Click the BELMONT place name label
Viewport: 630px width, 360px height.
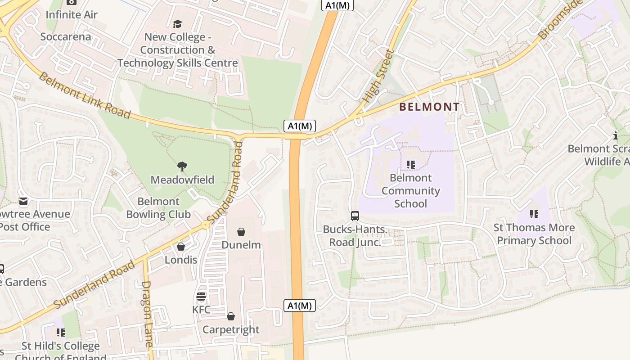tap(430, 107)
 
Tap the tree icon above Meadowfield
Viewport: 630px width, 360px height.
tap(182, 166)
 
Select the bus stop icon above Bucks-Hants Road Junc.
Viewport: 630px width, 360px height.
tap(355, 216)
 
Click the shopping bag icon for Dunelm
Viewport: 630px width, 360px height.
tap(241, 232)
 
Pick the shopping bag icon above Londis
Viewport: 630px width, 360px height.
tap(181, 247)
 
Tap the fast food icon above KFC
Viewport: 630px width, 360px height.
tap(201, 297)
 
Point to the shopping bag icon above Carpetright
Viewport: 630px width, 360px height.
tap(231, 316)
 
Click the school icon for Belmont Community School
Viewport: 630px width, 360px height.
tap(410, 165)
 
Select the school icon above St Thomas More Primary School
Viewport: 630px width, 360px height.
tap(534, 214)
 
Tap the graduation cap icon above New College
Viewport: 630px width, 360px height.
tap(178, 24)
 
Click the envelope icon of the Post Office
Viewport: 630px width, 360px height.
tap(23, 201)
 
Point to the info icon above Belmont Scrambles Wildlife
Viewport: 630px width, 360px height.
tap(616, 135)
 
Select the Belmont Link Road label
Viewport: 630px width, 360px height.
tap(85, 95)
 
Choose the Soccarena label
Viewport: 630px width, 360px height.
tap(66, 36)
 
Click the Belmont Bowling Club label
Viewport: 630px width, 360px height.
tap(158, 208)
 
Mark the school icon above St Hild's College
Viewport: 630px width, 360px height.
tap(61, 333)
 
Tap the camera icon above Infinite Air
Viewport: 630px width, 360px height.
tap(71, 2)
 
